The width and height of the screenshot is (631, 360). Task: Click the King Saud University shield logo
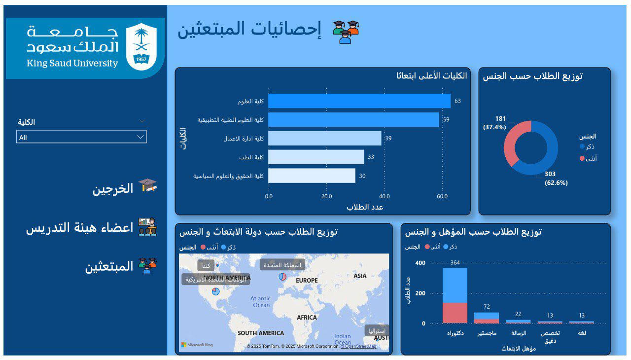pyautogui.click(x=141, y=45)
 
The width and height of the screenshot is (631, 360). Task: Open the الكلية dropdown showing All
pyautogui.click(x=81, y=137)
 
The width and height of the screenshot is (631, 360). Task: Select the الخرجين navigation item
pyautogui.click(x=113, y=188)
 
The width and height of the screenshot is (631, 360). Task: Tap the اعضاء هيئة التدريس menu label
pyautogui.click(x=80, y=228)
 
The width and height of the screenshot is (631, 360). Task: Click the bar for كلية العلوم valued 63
pyautogui.click(x=359, y=101)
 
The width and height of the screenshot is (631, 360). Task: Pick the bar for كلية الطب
pyautogui.click(x=316, y=157)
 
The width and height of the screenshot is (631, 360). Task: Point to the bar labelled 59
pyautogui.click(x=353, y=120)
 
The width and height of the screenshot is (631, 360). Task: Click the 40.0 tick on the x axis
pyautogui.click(x=384, y=196)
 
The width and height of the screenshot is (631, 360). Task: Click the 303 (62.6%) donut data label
pyautogui.click(x=556, y=179)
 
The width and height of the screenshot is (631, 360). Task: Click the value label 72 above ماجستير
pyautogui.click(x=487, y=307)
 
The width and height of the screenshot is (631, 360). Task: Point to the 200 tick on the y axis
pyautogui.click(x=420, y=293)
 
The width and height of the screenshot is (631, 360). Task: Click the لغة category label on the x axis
pyautogui.click(x=582, y=333)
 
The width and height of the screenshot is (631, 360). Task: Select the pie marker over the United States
pyautogui.click(x=216, y=291)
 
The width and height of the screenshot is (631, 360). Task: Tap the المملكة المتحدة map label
pyautogui.click(x=282, y=265)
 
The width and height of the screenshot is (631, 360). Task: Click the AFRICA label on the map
pyautogui.click(x=307, y=318)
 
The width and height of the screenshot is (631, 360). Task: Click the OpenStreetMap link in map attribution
pyautogui.click(x=358, y=346)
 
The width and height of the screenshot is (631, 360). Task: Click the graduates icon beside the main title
pyautogui.click(x=346, y=32)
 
